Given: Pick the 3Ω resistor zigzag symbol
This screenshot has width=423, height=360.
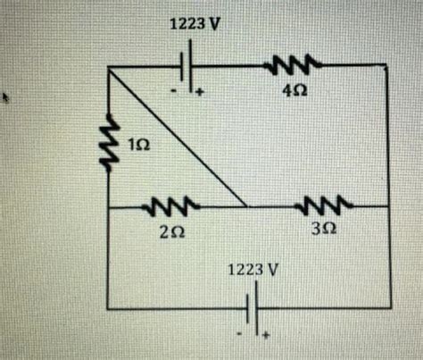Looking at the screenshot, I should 319,207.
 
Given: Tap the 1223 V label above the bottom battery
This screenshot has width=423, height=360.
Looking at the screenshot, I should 254,266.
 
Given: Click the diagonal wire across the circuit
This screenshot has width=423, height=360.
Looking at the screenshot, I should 177,136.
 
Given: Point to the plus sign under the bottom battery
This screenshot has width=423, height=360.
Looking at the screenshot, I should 263,335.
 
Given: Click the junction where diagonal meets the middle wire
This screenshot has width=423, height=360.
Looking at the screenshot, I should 245,207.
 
